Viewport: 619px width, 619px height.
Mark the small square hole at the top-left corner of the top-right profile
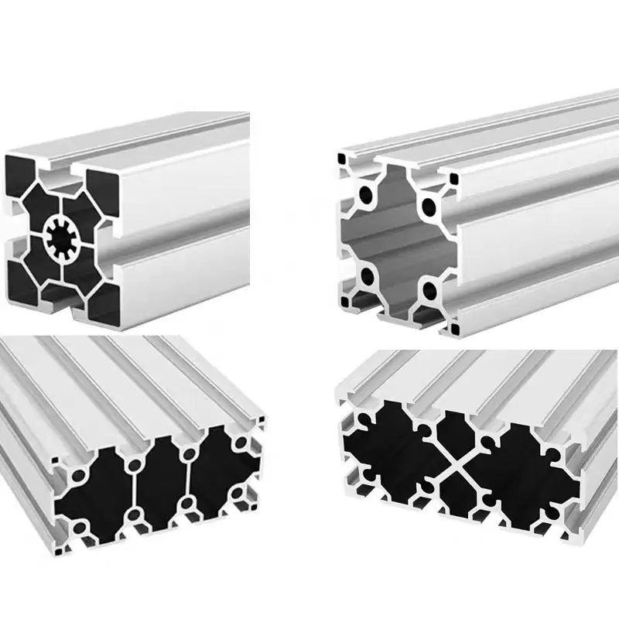pyautogui.click(x=341, y=160)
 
